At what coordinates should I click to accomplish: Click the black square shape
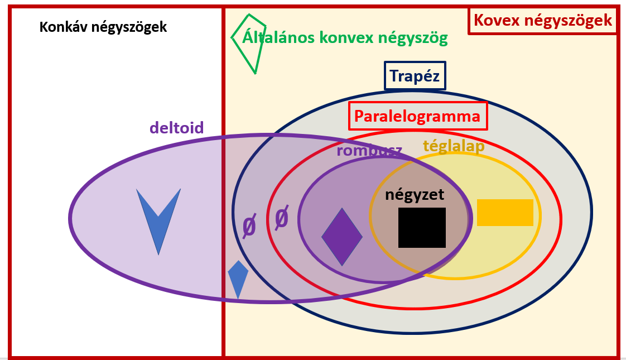422,227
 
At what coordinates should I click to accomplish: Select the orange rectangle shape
505,213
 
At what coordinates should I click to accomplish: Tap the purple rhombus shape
342,237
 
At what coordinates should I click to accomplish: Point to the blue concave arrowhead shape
158,215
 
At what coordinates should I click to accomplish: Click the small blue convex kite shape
238,277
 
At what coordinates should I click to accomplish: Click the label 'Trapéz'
415,75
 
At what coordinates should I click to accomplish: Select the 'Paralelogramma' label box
418,116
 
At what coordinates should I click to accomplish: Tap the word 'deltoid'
176,128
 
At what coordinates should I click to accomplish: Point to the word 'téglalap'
454,146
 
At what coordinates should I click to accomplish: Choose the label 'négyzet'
415,194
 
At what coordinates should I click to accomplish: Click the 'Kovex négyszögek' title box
543,21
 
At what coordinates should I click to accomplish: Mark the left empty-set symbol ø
249,227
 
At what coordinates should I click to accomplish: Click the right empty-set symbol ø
282,218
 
